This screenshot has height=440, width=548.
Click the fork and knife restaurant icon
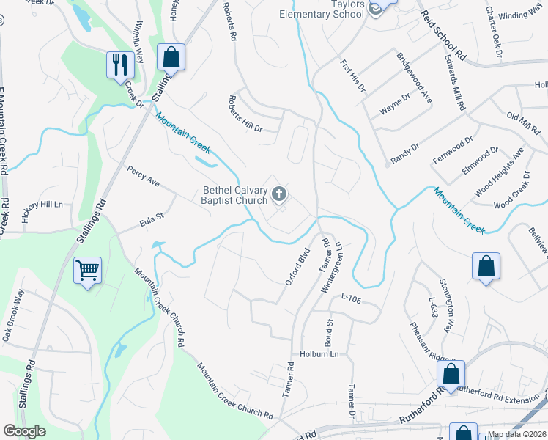coord(118,64)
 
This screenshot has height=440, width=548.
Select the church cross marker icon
coord(278,194)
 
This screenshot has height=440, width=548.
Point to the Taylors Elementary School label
coord(322,9)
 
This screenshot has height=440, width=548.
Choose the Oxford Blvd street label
coord(298,267)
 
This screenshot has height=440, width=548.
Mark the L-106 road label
coord(352,296)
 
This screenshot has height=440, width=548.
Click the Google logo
coord(25,431)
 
